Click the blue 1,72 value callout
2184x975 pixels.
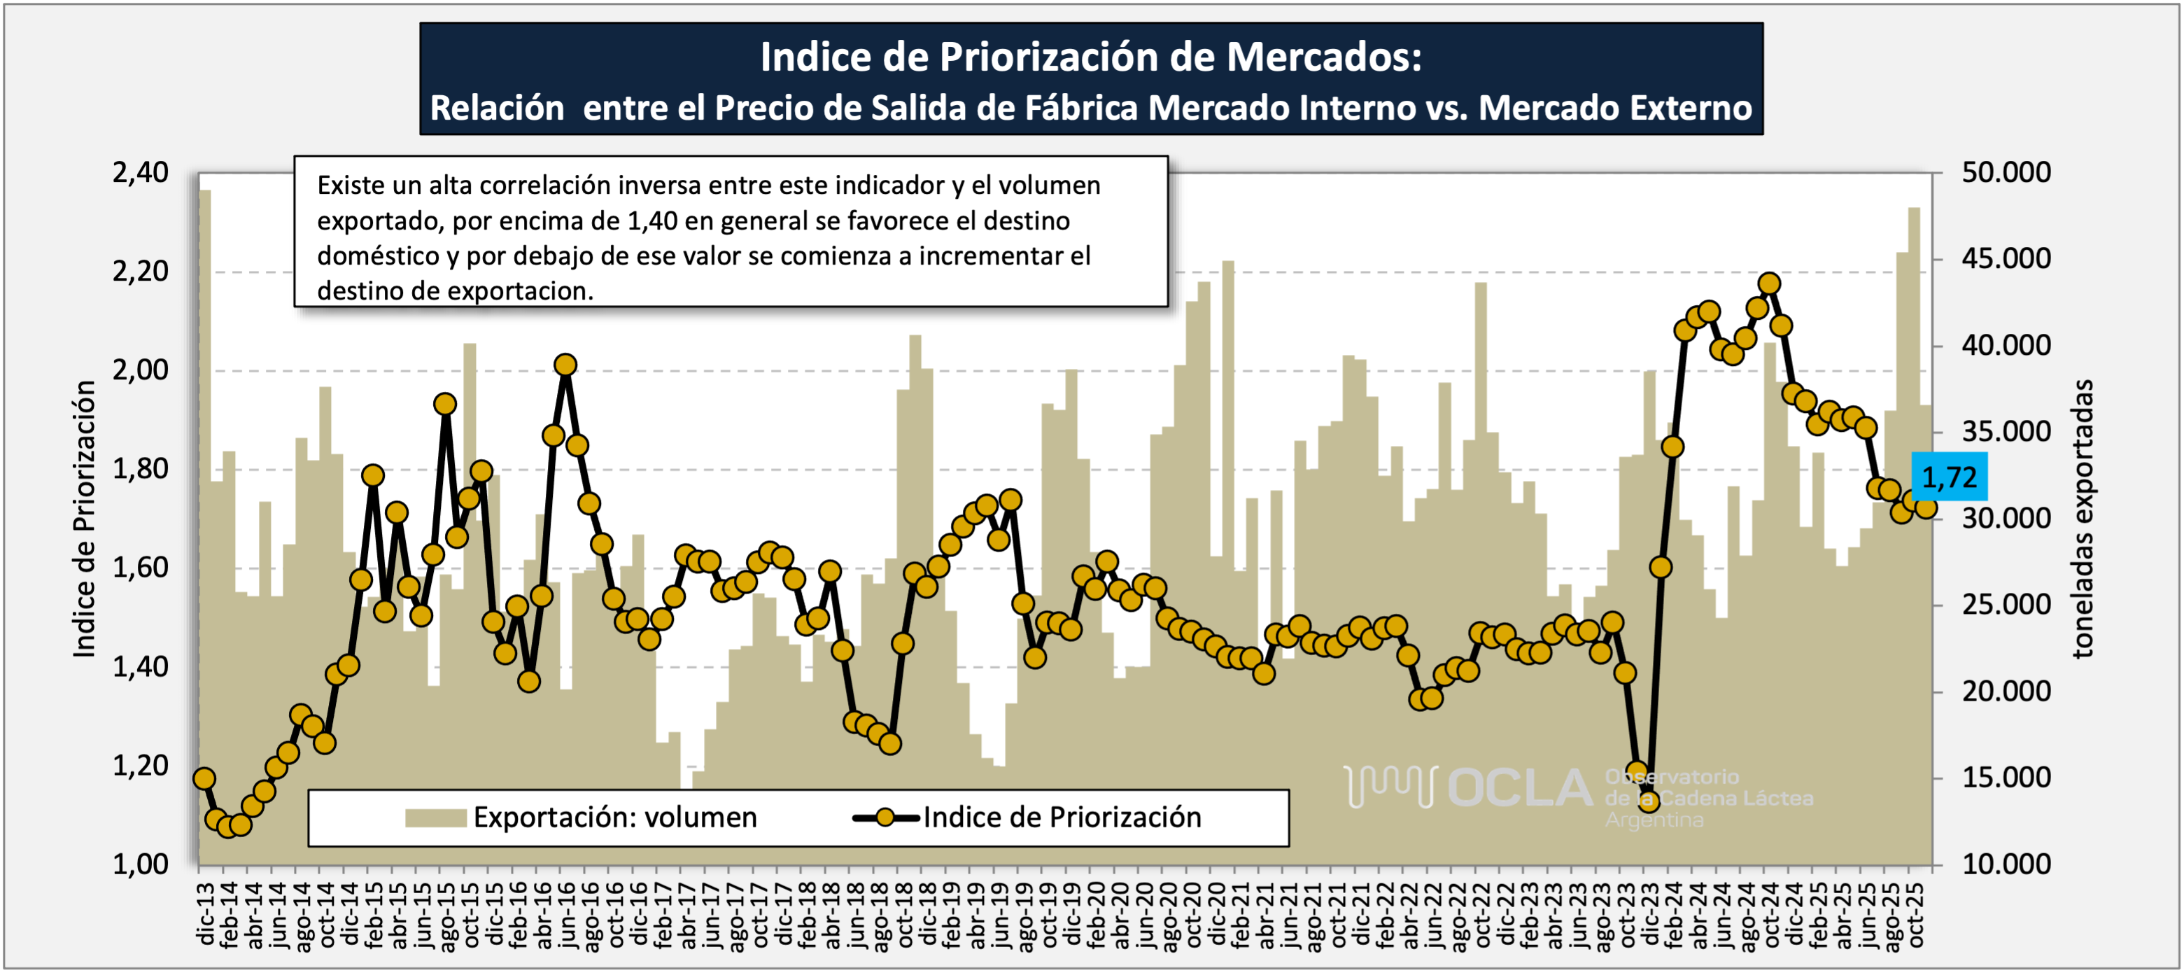(1949, 477)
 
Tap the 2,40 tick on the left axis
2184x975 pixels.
(141, 173)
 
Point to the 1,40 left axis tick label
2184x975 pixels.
(141, 667)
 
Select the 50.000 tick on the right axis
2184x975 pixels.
(2006, 173)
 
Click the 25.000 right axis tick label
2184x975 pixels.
(2006, 605)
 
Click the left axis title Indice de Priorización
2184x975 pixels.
(84, 519)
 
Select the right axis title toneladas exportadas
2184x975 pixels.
(2083, 519)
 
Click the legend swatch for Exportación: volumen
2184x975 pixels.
(435, 818)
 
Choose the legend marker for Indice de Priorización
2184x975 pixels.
(885, 818)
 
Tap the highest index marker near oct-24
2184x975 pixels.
(1768, 284)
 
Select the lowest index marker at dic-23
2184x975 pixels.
(1648, 800)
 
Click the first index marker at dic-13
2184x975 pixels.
(204, 779)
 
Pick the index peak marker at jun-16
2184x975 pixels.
(565, 365)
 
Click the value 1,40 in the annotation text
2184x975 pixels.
(652, 221)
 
